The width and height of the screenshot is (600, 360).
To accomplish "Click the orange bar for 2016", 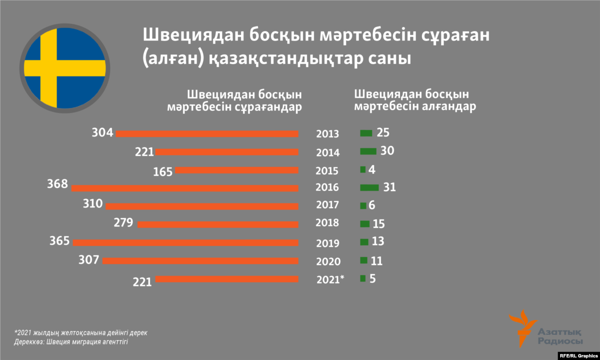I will click(185, 188).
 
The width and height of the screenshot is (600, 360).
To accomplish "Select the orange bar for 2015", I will click(236, 170).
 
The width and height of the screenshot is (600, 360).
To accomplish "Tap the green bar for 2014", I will click(368, 151).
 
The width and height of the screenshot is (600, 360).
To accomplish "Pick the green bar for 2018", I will click(365, 224).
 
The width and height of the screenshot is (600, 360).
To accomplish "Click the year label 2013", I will click(327, 134).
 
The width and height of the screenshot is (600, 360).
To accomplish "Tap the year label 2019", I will click(327, 243).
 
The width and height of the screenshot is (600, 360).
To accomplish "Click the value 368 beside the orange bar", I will click(58, 184).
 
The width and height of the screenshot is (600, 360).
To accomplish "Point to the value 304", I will click(102, 132).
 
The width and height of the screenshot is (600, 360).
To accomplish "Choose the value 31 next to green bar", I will click(389, 187).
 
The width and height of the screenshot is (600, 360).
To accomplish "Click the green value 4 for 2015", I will click(371, 169).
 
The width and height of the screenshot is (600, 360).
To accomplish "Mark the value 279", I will click(123, 222).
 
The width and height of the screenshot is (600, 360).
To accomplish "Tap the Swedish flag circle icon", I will click(64, 68).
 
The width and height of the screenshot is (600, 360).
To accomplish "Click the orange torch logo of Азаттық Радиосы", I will click(520, 328).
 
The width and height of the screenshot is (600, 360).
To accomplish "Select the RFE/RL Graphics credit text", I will click(577, 355).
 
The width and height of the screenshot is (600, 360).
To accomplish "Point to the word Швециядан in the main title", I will click(185, 36).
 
